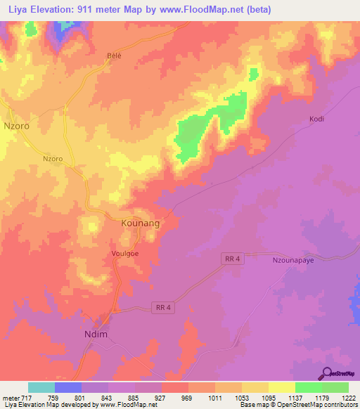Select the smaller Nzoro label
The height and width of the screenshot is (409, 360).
tap(53, 159)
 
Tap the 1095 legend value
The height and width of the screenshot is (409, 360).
tap(264, 397)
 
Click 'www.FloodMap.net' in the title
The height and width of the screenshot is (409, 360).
tap(211, 10)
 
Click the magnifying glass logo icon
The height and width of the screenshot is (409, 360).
tap(327, 373)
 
